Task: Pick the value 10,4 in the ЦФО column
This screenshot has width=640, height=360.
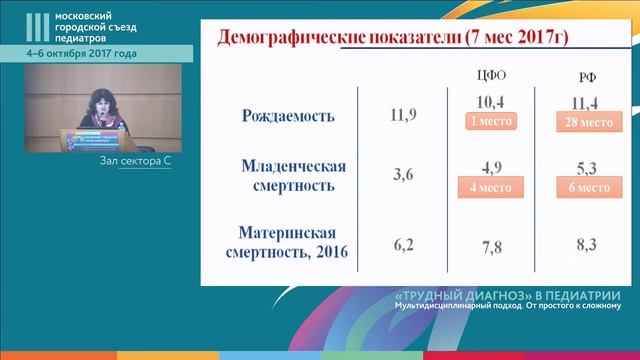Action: [489, 103]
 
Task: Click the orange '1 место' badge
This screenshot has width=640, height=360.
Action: [489, 121]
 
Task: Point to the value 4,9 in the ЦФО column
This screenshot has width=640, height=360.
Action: [489, 166]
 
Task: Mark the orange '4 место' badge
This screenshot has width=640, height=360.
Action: [489, 186]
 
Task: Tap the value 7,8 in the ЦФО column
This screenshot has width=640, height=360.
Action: [489, 245]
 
